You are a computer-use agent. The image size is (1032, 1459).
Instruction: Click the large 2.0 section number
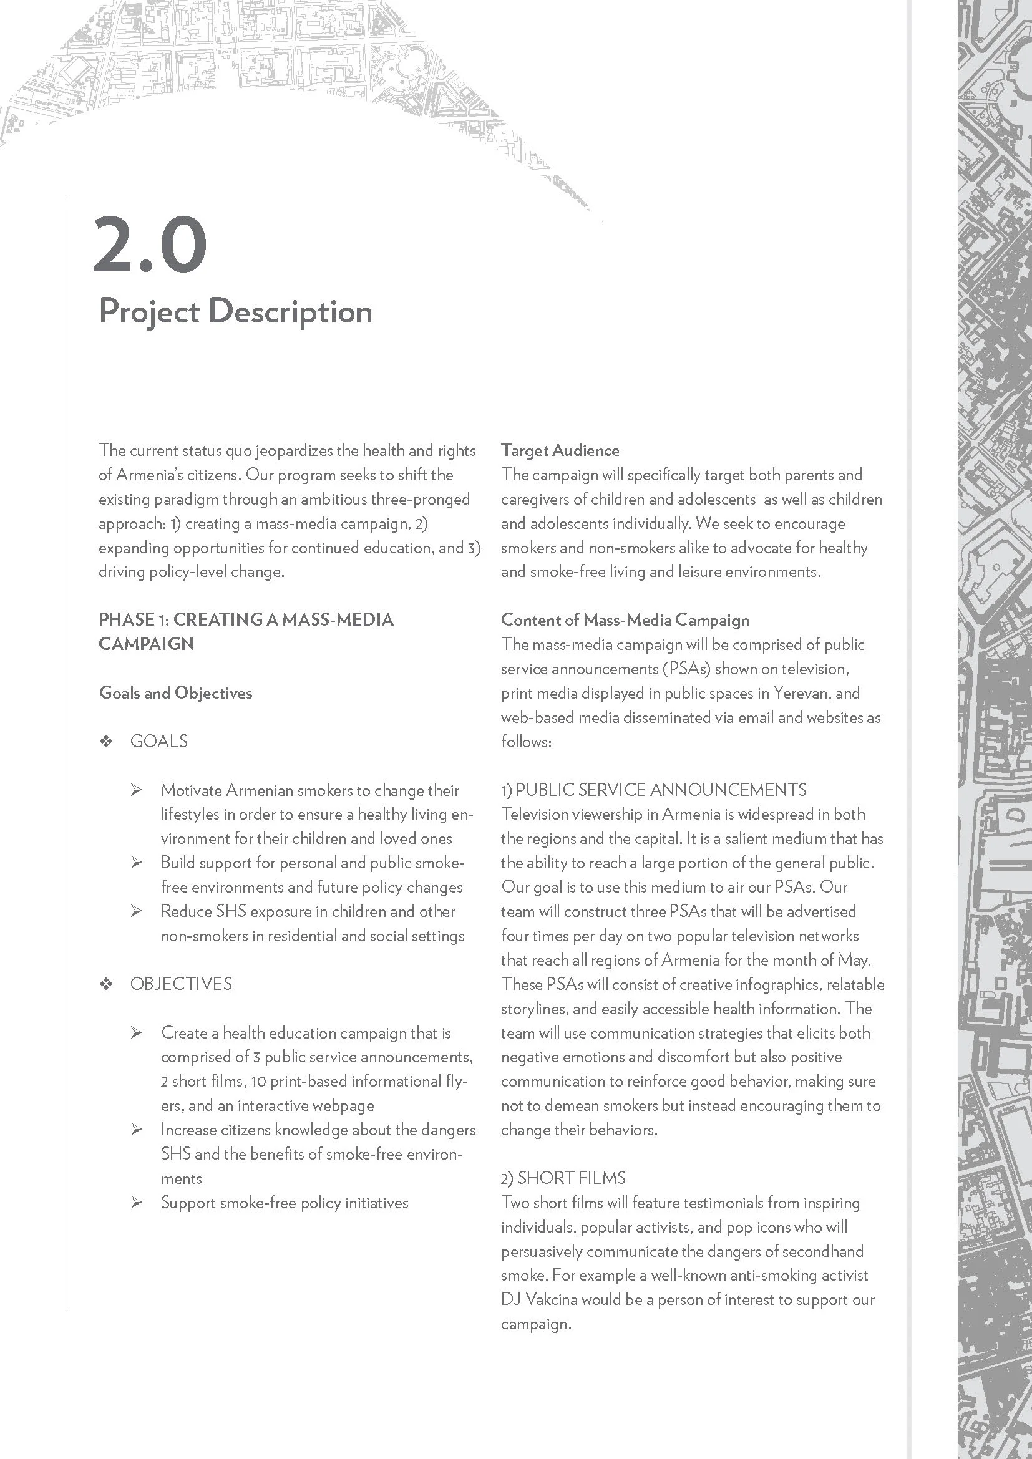click(x=150, y=245)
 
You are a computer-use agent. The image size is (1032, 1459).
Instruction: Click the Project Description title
click(x=235, y=311)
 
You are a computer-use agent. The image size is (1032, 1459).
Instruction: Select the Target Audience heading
click(x=560, y=450)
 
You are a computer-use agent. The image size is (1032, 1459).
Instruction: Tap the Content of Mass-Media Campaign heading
click(x=625, y=619)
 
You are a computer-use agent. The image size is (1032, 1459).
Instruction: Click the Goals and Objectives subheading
click(x=175, y=692)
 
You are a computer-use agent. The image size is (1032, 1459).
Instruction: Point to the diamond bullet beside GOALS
click(x=106, y=741)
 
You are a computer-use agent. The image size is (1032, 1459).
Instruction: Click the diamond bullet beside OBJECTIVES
click(x=106, y=984)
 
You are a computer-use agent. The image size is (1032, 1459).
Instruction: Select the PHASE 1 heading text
click(x=246, y=619)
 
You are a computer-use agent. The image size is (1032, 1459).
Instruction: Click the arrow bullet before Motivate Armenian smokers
click(x=137, y=790)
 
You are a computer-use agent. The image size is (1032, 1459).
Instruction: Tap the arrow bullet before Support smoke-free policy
click(x=137, y=1202)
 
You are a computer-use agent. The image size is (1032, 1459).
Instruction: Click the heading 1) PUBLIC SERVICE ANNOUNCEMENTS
click(x=653, y=790)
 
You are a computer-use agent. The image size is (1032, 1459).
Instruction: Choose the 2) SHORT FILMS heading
click(x=563, y=1178)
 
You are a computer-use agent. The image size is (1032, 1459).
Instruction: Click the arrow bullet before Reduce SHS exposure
click(x=137, y=911)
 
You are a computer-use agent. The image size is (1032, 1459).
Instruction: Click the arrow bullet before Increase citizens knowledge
click(x=137, y=1129)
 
